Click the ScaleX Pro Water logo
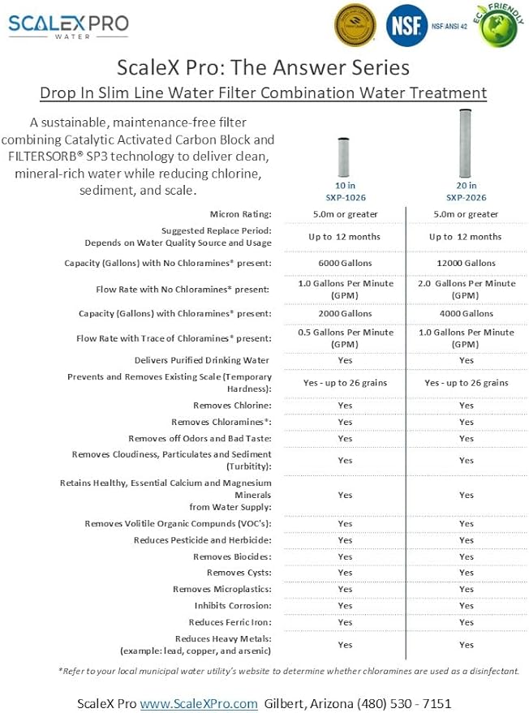coord(68,25)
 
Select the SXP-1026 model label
coord(345,197)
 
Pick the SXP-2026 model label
coord(466,197)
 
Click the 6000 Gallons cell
coord(345,263)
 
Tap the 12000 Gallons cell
coord(466,263)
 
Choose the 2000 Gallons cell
coord(345,313)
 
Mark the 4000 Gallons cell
coord(466,313)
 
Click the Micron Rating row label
coord(240,214)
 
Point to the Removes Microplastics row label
coord(221,589)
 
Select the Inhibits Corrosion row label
coord(233,606)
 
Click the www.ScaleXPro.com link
coord(199,703)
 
